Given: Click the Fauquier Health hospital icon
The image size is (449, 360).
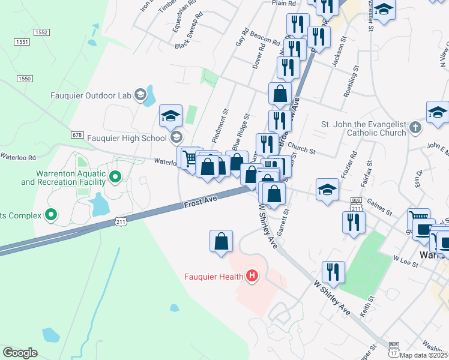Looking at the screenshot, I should tap(252, 277).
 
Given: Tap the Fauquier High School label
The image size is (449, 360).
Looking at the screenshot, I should tap(127, 138).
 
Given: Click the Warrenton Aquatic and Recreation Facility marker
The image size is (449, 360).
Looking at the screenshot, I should tap(116, 177).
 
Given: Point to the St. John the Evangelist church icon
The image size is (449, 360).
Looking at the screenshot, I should tap(415, 127).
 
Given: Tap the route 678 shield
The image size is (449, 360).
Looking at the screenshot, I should tap(77, 136).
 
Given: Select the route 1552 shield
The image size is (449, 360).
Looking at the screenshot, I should tap(41, 32).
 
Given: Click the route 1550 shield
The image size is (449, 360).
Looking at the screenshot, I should tap(24, 79).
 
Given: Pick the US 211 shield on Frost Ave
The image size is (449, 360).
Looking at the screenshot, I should tap(121, 223).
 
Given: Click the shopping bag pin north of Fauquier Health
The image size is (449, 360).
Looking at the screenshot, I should tap(221, 241).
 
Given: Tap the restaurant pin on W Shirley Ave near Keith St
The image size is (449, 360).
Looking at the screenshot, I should tap(333, 272).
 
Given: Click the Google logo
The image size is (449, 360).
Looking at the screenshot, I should tap(20, 353).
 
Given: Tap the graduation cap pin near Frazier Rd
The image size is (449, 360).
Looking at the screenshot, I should tap(327, 190).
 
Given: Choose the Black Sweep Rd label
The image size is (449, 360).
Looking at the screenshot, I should tap(190, 38).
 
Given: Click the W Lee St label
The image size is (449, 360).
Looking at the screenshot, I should tap(405, 259).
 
